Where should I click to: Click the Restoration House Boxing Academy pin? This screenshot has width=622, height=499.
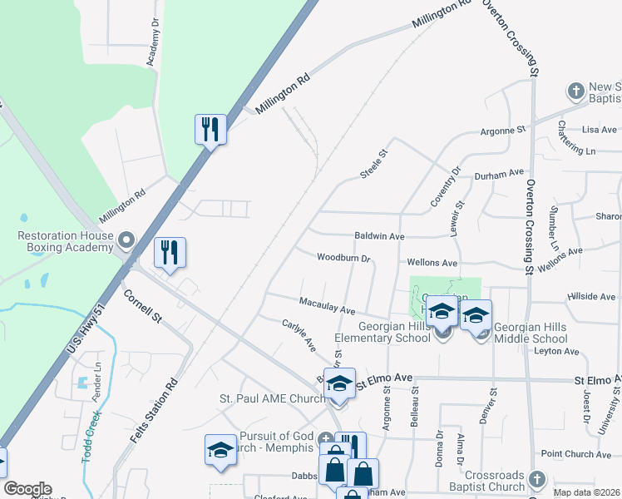[x=126, y=241]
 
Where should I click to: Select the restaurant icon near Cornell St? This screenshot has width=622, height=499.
[x=170, y=252]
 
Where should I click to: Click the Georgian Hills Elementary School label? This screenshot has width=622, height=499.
[x=383, y=333]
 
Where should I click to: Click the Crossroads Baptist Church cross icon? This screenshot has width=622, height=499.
[x=537, y=479]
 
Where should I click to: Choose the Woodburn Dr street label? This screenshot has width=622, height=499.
[x=343, y=257]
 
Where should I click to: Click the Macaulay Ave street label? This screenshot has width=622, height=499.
[x=327, y=305]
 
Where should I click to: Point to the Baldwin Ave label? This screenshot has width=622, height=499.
[x=378, y=236]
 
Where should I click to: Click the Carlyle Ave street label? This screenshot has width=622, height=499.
[x=299, y=334]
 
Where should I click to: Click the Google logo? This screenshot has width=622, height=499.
[x=27, y=489]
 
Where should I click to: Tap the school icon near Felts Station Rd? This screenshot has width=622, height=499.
[x=220, y=449]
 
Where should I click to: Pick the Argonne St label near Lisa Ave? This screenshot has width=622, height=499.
[x=504, y=131]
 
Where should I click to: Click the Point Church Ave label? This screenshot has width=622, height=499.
[x=576, y=454]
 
